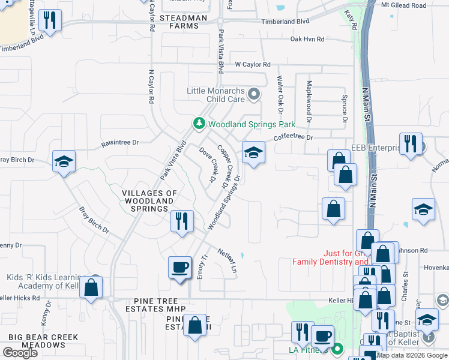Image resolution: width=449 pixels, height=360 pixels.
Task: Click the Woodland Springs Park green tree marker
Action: (x=199, y=123)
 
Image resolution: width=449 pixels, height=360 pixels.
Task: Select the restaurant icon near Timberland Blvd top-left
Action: (x=50, y=20)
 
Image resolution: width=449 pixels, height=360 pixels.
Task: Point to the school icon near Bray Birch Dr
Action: (x=64, y=161)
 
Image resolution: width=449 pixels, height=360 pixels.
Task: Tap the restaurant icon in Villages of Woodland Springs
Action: (x=182, y=221)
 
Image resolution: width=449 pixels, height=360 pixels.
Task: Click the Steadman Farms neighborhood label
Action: (x=179, y=22)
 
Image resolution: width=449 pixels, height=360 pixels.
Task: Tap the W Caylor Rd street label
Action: (x=253, y=64)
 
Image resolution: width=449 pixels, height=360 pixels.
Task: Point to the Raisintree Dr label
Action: (x=120, y=143)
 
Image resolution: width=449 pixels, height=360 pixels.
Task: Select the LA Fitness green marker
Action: (x=337, y=349)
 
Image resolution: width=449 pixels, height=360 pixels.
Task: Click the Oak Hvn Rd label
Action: (x=307, y=39)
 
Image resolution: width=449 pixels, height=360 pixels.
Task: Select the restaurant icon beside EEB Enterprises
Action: (x=411, y=144)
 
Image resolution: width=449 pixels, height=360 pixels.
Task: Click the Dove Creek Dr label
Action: (x=208, y=164)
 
